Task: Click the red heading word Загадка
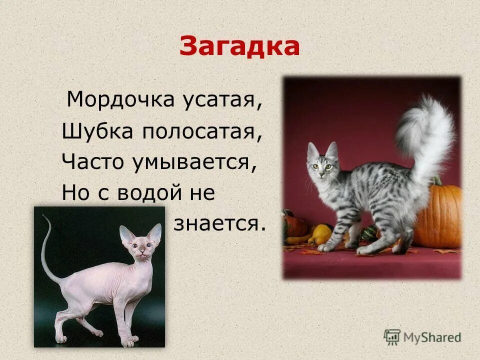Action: pyautogui.click(x=239, y=46)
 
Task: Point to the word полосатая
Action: pyautogui.click(x=202, y=132)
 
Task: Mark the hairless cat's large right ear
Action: pyautogui.click(x=155, y=233)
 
